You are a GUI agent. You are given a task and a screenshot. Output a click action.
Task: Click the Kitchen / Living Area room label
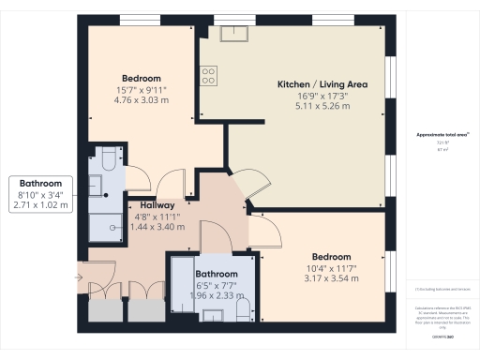[x=321, y=84]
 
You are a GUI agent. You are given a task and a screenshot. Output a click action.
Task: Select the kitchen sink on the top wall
[x=232, y=34]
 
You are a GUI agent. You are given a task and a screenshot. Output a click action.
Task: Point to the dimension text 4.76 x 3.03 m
[x=141, y=99]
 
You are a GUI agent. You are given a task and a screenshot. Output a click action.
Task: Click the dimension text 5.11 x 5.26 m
[x=321, y=106]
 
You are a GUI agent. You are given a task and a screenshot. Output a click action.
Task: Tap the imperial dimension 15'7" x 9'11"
[x=141, y=89]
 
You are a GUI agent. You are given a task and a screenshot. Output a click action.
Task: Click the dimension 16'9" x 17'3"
[x=321, y=96]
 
